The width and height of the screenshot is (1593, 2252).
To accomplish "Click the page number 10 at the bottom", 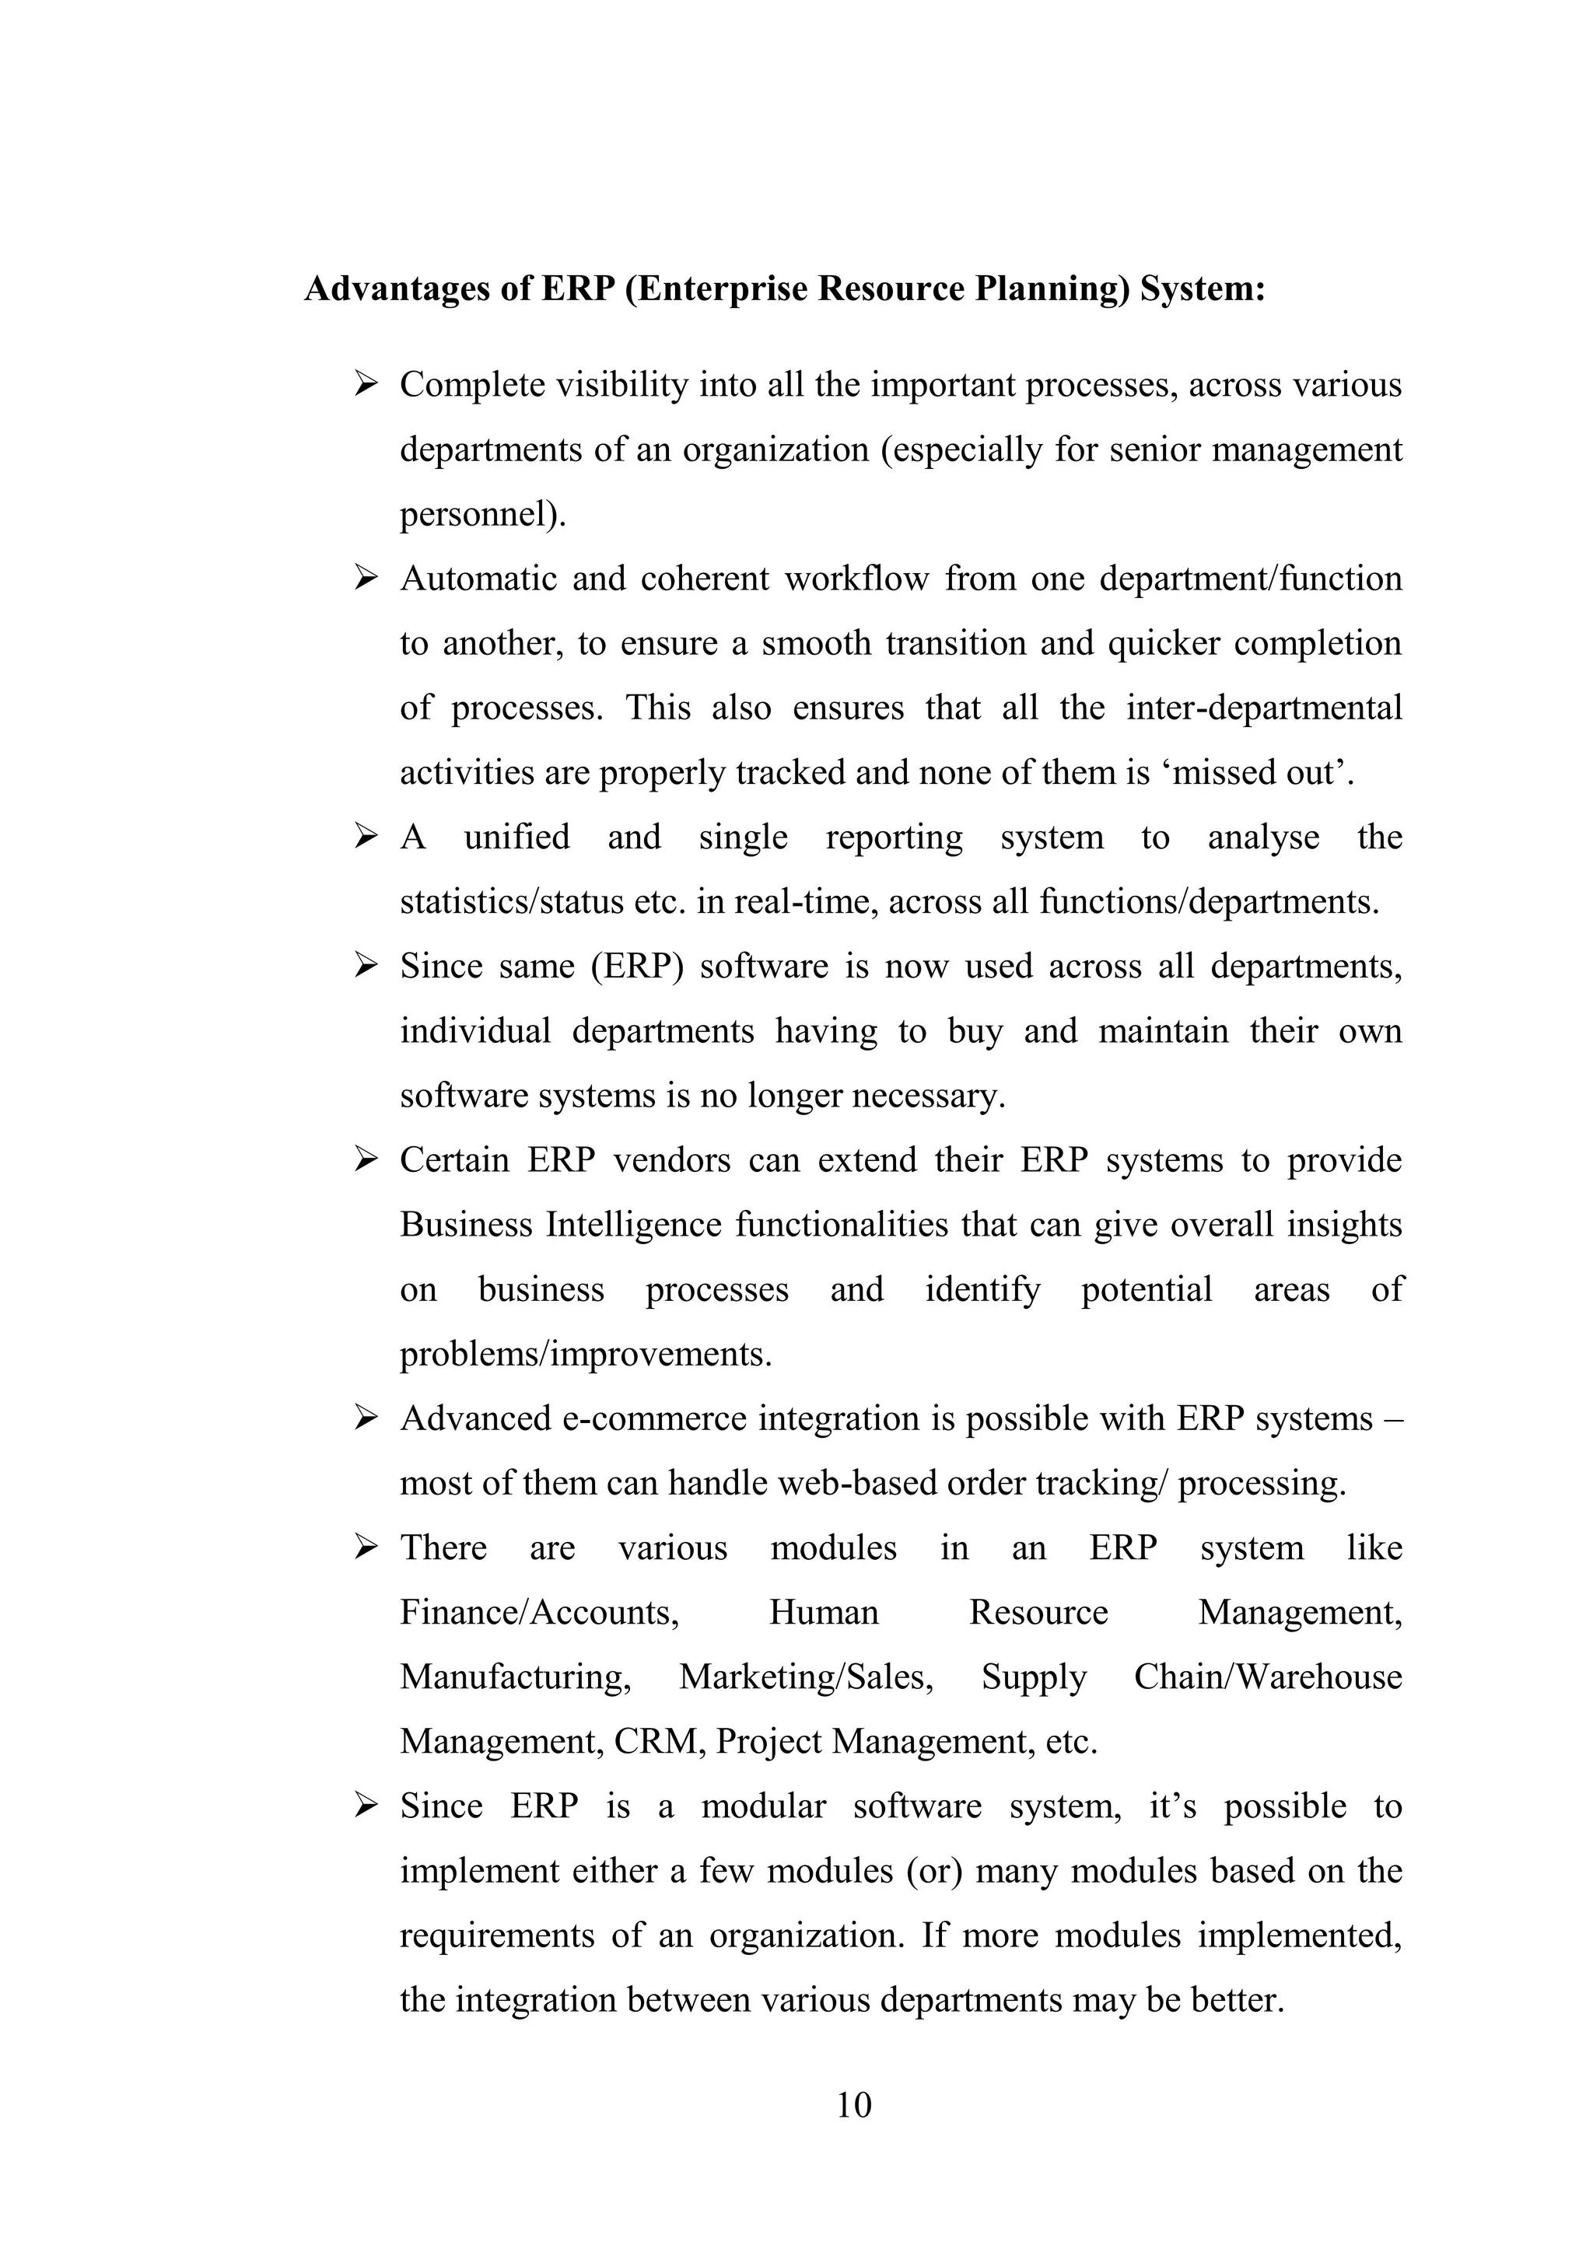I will pyautogui.click(x=853, y=2105).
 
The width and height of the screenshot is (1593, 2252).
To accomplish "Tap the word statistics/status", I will pyautogui.click(x=511, y=901).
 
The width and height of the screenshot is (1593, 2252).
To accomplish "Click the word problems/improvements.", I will pyautogui.click(x=586, y=1355).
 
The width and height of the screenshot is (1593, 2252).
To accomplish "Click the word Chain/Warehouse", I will pyautogui.click(x=1267, y=1677).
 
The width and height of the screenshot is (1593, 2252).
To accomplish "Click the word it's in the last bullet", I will pyautogui.click(x=1172, y=1806).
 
